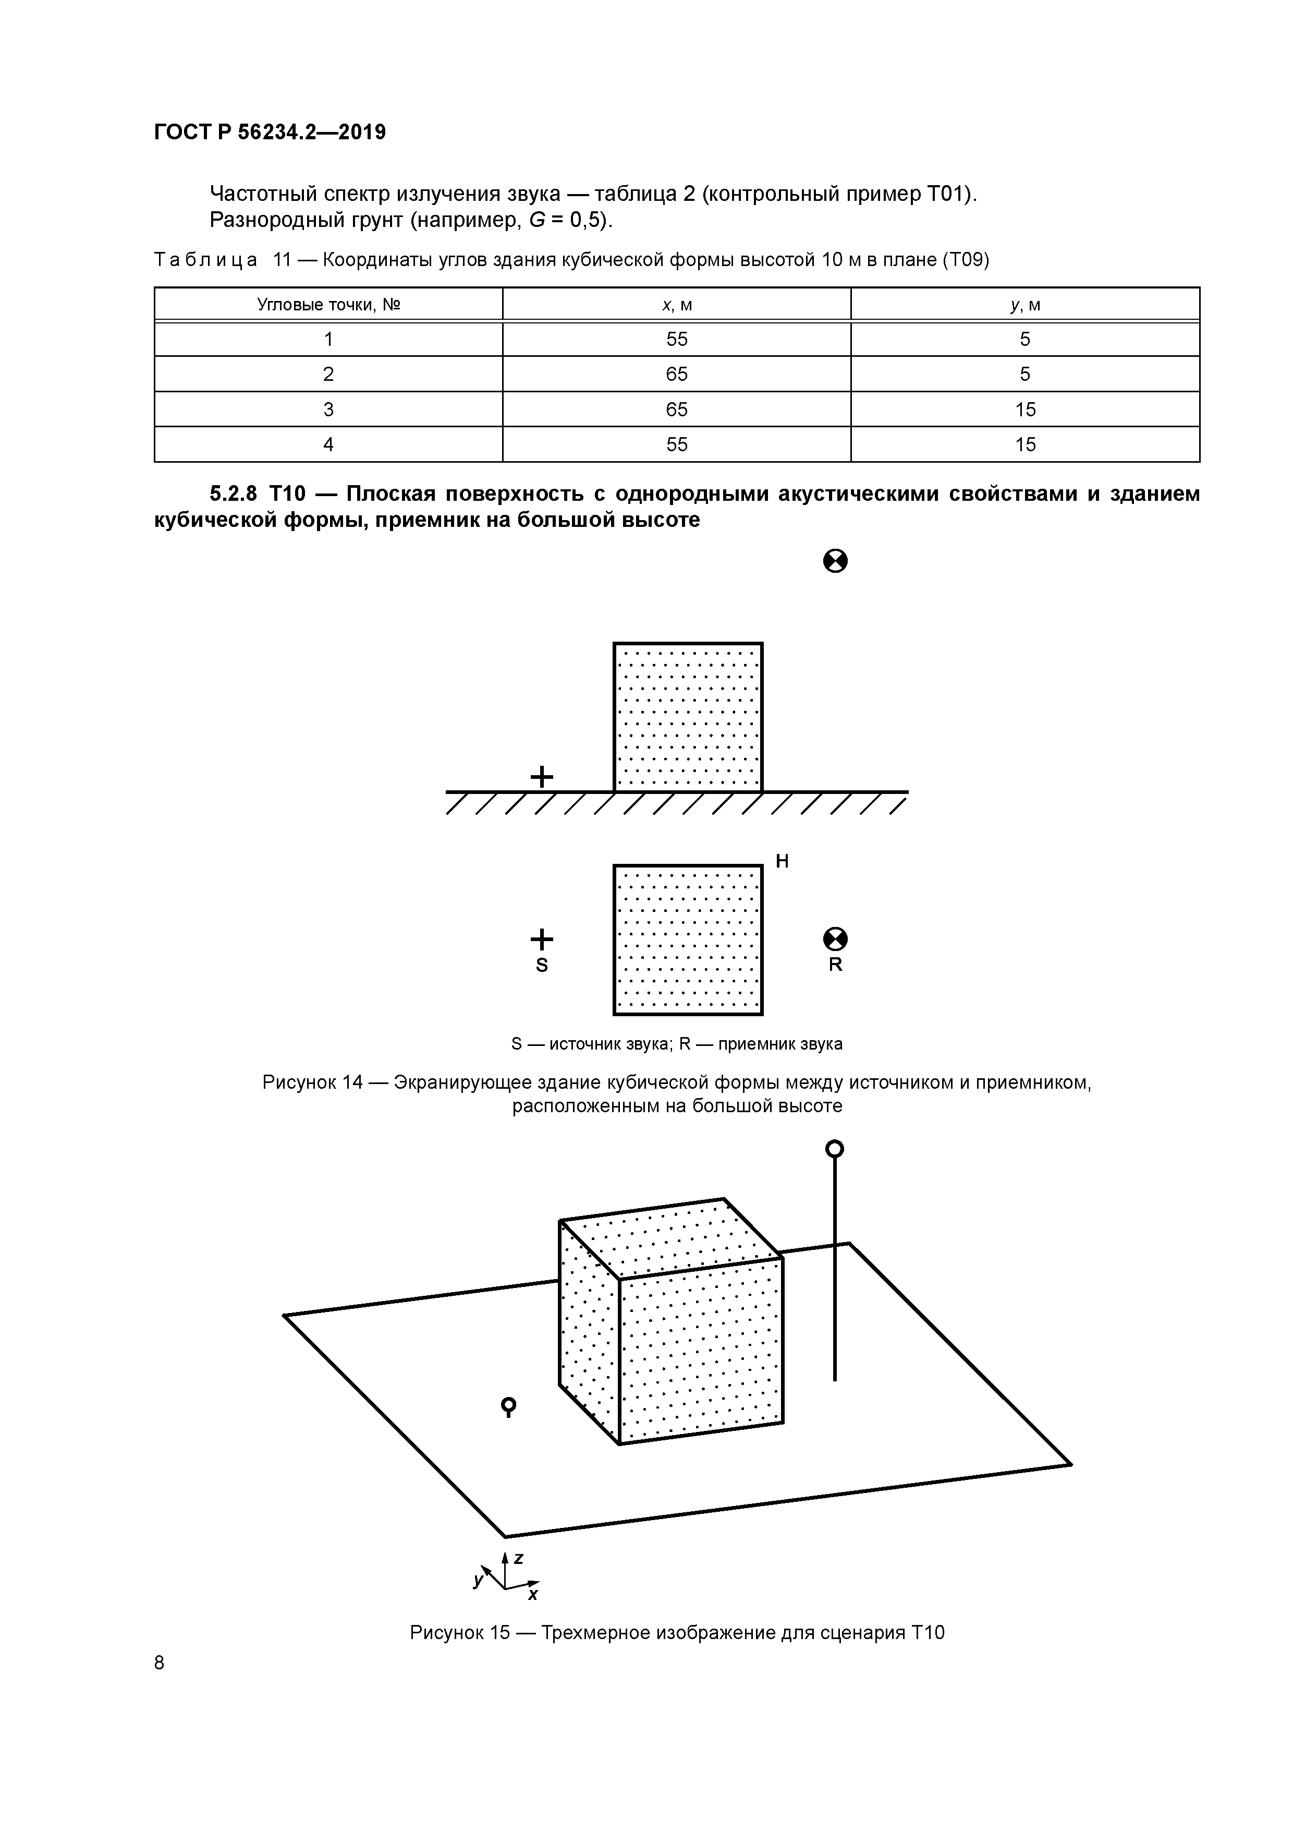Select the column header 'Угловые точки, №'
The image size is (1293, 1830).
[328, 305]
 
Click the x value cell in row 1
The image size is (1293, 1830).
[676, 340]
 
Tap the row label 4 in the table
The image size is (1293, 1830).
[328, 445]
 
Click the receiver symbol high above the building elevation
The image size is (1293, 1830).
[835, 562]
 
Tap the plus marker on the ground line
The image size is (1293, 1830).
[542, 776]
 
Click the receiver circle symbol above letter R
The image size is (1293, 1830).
[835, 940]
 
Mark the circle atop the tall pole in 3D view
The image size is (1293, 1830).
[834, 1149]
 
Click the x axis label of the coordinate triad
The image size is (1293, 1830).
[532, 1595]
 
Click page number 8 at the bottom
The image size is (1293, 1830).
[160, 1663]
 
